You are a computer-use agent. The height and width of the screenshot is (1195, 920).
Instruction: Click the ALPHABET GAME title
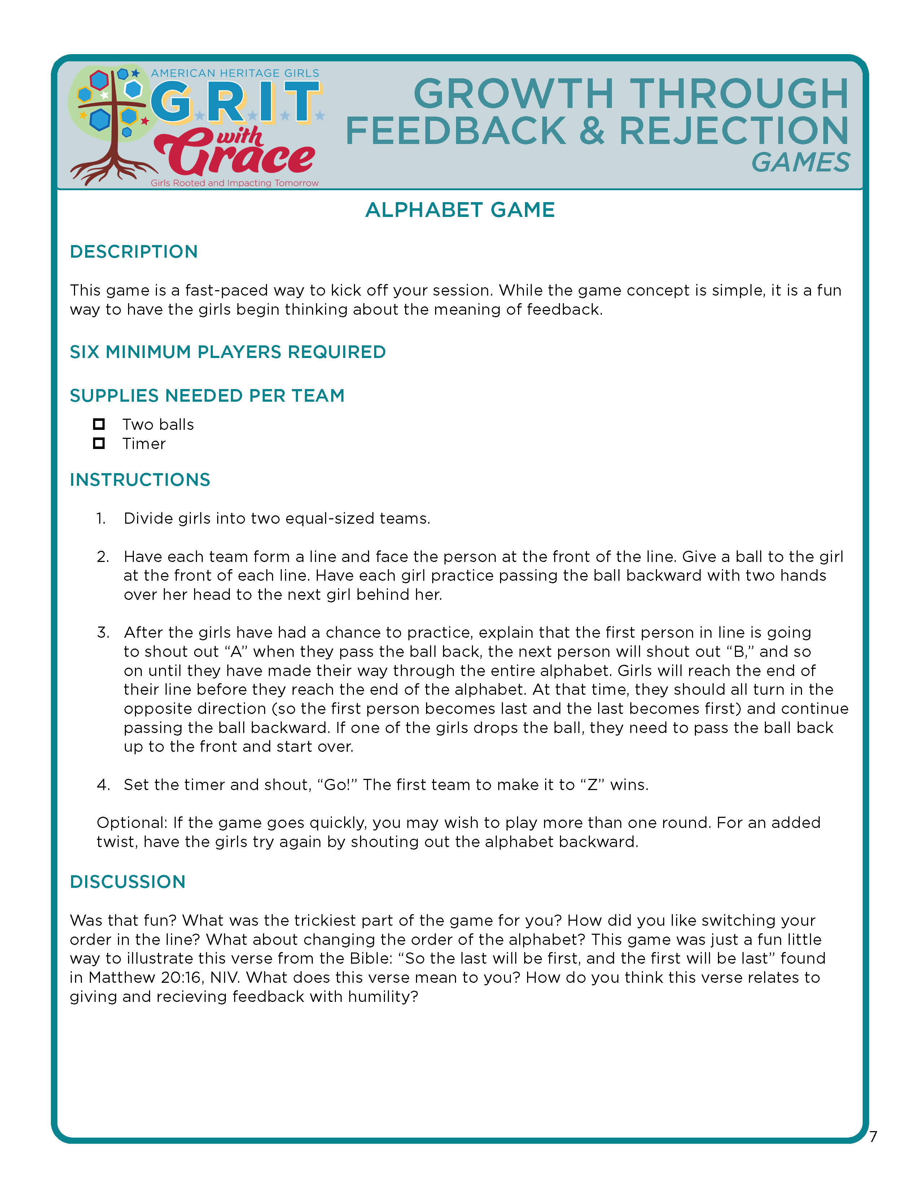click(460, 210)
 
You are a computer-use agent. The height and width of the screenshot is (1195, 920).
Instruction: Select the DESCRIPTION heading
click(133, 252)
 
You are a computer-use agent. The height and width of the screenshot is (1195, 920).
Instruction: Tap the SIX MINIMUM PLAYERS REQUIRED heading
click(228, 352)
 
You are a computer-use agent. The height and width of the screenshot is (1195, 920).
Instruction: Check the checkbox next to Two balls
click(99, 424)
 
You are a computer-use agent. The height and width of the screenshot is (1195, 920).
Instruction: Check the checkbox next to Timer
click(99, 443)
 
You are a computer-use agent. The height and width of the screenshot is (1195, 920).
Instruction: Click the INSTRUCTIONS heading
click(140, 480)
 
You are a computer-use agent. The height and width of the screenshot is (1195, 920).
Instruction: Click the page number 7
click(873, 1137)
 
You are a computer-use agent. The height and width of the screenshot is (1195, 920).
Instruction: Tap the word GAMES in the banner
click(800, 162)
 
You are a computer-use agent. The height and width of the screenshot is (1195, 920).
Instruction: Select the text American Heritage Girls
click(235, 73)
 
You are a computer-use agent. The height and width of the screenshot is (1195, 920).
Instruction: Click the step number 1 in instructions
click(101, 519)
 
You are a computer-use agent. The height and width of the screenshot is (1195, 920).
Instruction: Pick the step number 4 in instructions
click(103, 785)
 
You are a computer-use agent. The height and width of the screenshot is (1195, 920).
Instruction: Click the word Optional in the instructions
click(132, 823)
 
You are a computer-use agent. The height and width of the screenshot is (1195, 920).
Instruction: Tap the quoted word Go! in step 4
click(337, 785)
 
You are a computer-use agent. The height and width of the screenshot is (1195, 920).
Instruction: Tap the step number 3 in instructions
click(103, 633)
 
